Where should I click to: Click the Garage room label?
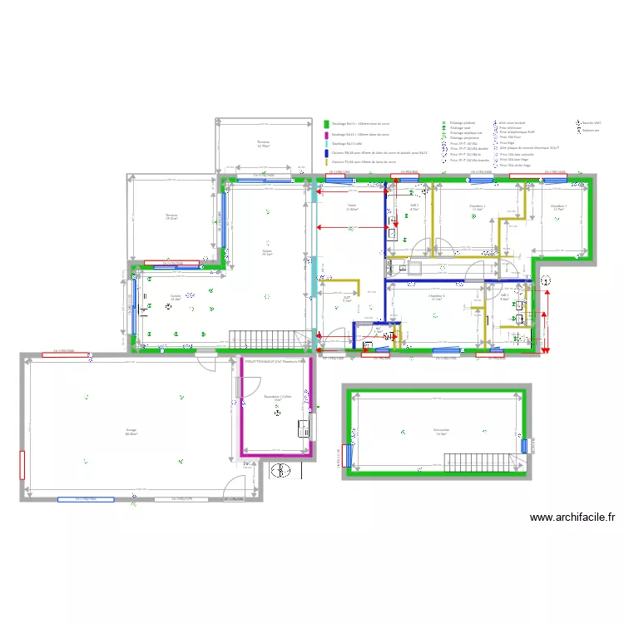(x=131, y=431)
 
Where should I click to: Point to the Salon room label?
(x=352, y=207)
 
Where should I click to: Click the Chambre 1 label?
(x=477, y=207)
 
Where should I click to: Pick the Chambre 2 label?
(x=558, y=207)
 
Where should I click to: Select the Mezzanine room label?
(x=440, y=431)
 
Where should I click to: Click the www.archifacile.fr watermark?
(x=572, y=517)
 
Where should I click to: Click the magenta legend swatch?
(x=327, y=134)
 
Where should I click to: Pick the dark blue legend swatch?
(x=327, y=153)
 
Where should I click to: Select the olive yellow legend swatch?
(x=327, y=162)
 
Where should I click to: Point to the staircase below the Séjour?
(x=261, y=339)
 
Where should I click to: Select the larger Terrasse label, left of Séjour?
(x=172, y=217)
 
